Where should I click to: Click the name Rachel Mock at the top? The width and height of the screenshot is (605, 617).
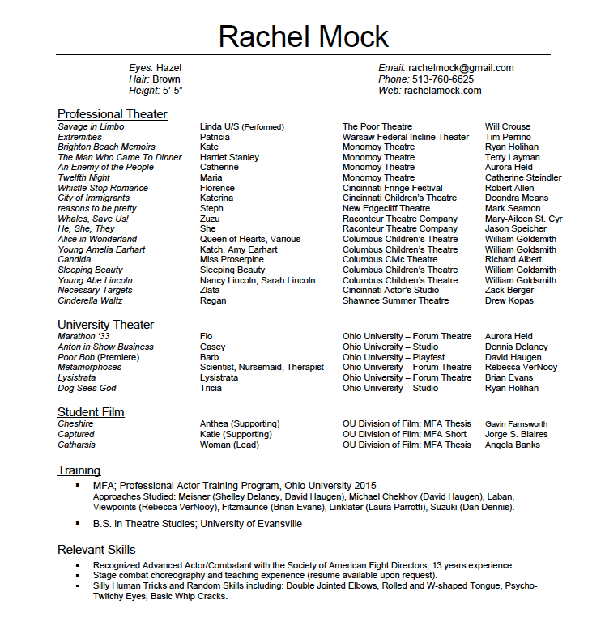click(303, 36)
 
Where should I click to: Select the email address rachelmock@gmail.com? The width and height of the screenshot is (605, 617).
click(461, 68)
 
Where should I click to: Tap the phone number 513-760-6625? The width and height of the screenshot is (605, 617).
click(441, 79)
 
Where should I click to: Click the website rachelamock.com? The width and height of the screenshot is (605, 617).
click(442, 91)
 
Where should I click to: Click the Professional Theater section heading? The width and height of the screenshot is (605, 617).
click(112, 114)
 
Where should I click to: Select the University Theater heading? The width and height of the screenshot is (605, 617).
click(105, 325)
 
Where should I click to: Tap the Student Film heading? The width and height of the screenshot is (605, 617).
click(91, 412)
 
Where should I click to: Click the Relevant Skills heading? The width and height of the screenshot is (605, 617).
click(96, 550)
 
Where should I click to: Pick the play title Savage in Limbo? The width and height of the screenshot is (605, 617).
click(91, 126)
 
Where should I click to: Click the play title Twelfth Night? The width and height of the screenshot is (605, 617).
click(83, 177)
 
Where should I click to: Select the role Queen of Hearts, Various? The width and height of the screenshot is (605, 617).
click(249, 239)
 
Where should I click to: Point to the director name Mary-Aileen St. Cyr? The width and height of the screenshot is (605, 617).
click(523, 219)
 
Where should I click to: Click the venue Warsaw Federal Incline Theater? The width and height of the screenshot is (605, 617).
click(405, 137)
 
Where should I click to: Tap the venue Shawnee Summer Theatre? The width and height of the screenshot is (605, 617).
click(395, 300)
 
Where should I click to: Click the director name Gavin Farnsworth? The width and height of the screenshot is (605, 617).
click(516, 423)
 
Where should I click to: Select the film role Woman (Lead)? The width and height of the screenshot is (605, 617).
click(229, 445)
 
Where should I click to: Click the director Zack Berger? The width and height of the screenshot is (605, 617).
click(509, 290)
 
